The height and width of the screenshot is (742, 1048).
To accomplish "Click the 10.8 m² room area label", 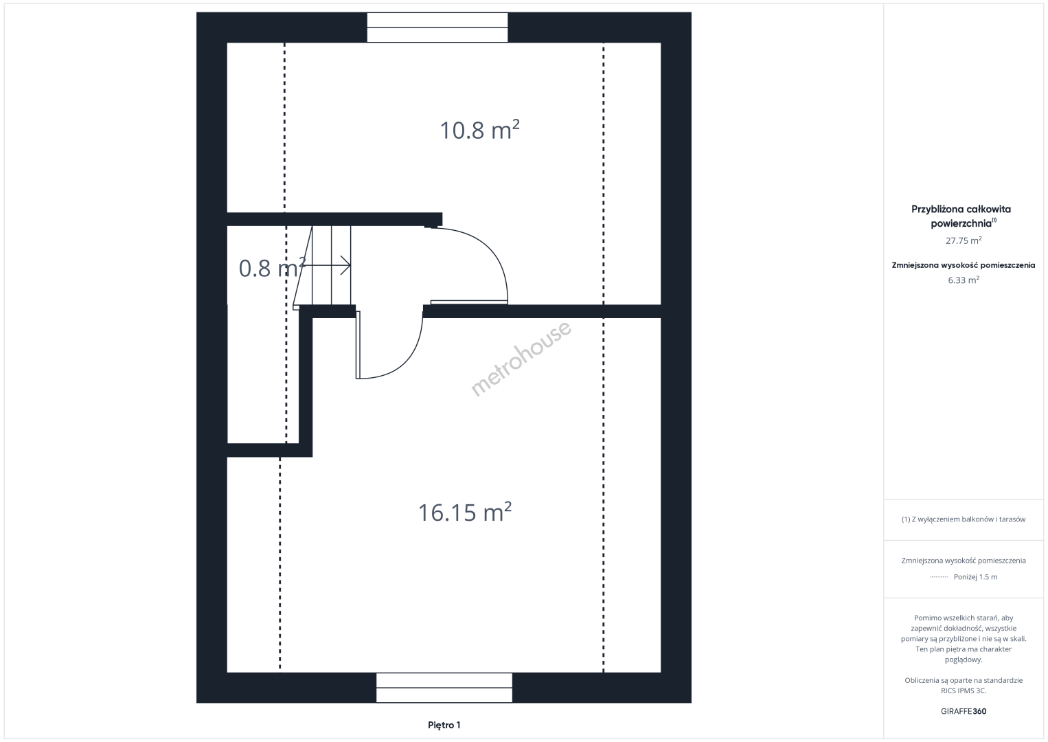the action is [479, 130].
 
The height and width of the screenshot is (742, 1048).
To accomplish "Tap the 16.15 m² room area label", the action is [464, 512].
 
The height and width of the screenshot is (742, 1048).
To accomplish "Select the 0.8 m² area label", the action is [272, 268].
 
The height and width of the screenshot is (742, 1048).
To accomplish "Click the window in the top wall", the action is [437, 27].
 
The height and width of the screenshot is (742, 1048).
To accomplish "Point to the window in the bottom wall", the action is [444, 687].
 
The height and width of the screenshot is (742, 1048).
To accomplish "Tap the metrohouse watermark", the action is [521, 359].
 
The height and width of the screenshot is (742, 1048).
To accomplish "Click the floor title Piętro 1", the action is [444, 725].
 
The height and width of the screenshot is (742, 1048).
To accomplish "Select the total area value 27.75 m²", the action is [964, 240].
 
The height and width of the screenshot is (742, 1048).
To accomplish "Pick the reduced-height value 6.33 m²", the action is [964, 280].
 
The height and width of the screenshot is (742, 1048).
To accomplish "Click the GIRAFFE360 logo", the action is [964, 711].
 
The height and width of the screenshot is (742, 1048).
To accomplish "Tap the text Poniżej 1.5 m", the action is [975, 576].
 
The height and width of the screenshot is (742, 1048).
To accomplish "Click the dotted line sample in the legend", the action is [939, 577].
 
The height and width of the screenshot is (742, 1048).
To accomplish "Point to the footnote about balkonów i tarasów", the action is [964, 519].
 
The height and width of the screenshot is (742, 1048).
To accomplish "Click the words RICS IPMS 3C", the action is [964, 690].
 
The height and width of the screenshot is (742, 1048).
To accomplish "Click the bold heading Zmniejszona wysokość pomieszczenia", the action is [964, 265].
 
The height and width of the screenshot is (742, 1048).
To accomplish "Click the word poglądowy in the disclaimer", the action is [964, 660].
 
